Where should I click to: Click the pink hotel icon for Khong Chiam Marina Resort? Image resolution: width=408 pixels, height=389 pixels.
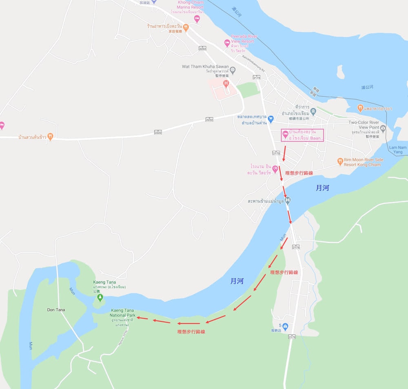(x=197, y=19)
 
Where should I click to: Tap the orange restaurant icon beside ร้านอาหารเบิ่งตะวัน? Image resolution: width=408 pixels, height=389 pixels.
(x=186, y=27)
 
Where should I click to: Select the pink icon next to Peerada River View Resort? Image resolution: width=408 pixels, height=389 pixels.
(x=227, y=43)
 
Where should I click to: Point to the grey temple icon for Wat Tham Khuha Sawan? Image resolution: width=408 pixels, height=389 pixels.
(x=233, y=70)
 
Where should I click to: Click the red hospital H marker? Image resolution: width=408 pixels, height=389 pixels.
(x=226, y=84)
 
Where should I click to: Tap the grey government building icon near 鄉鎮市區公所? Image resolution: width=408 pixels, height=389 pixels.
(x=313, y=111)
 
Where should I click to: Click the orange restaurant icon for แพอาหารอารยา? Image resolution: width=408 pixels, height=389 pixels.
(x=360, y=108)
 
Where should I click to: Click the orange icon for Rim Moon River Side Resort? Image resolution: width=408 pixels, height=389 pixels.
(x=340, y=162)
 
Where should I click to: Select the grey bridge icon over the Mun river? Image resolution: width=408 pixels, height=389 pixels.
(x=288, y=200)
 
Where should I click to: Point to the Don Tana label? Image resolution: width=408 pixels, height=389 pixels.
(x=56, y=310)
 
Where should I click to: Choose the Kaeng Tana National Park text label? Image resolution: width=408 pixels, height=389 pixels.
(x=123, y=313)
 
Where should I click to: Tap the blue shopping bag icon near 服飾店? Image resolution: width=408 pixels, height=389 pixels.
(x=285, y=326)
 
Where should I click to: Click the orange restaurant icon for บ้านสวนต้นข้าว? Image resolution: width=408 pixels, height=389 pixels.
(x=50, y=136)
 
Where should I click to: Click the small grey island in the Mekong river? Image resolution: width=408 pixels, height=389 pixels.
(x=340, y=71)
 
